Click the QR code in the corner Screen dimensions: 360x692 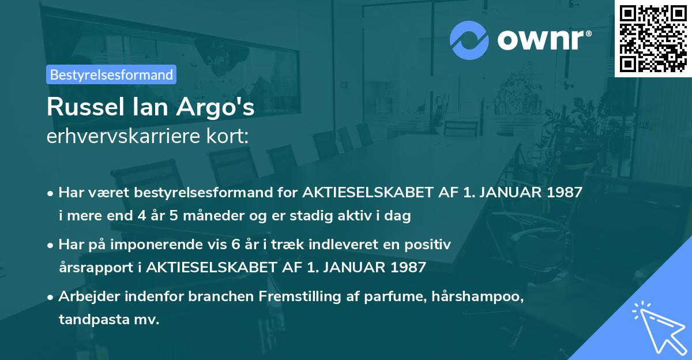653,39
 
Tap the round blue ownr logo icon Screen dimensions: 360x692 469,40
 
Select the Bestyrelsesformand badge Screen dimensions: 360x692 111,74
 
